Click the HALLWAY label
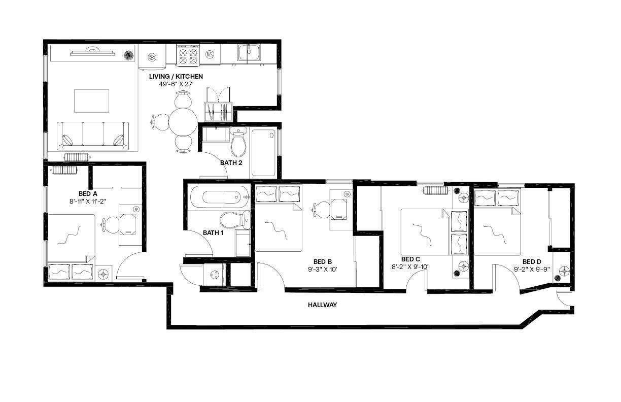322,305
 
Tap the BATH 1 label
213,233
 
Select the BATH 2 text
231,163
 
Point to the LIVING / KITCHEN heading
176,76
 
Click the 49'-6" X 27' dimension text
176,84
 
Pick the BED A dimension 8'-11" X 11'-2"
88,201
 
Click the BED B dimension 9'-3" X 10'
323,270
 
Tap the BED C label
410,259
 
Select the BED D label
532,261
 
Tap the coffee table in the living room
92,100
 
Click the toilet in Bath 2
238,144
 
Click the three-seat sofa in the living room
93,136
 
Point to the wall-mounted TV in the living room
91,51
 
